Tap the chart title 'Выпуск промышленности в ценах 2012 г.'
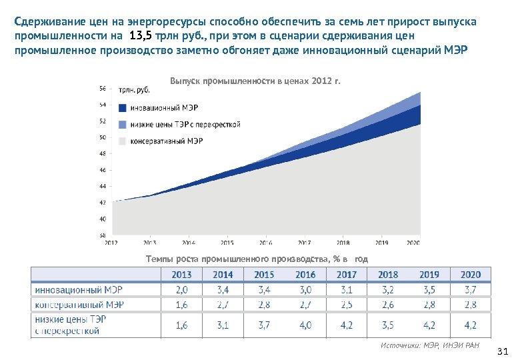pyautogui.click(x=255, y=81)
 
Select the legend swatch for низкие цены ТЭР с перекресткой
pyautogui.click(x=122, y=125)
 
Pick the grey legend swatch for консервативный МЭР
pyautogui.click(x=122, y=141)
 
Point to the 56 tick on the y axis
pyautogui.click(x=102, y=88)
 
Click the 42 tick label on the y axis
pyautogui.click(x=102, y=202)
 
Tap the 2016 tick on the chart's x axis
pyautogui.click(x=265, y=243)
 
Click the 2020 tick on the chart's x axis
pyautogui.click(x=413, y=243)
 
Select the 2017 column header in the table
pyautogui.click(x=347, y=275)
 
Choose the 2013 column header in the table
pyautogui.click(x=181, y=275)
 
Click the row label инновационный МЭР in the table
pyautogui.click(x=79, y=290)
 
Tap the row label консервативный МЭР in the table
pyautogui.click(x=79, y=305)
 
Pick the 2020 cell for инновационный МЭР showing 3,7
pyautogui.click(x=470, y=290)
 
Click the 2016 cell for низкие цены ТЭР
pyautogui.click(x=305, y=325)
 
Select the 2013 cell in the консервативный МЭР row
pyautogui.click(x=181, y=305)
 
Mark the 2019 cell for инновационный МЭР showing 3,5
pyautogui.click(x=429, y=290)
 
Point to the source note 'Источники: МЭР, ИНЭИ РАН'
pyautogui.click(x=429, y=345)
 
